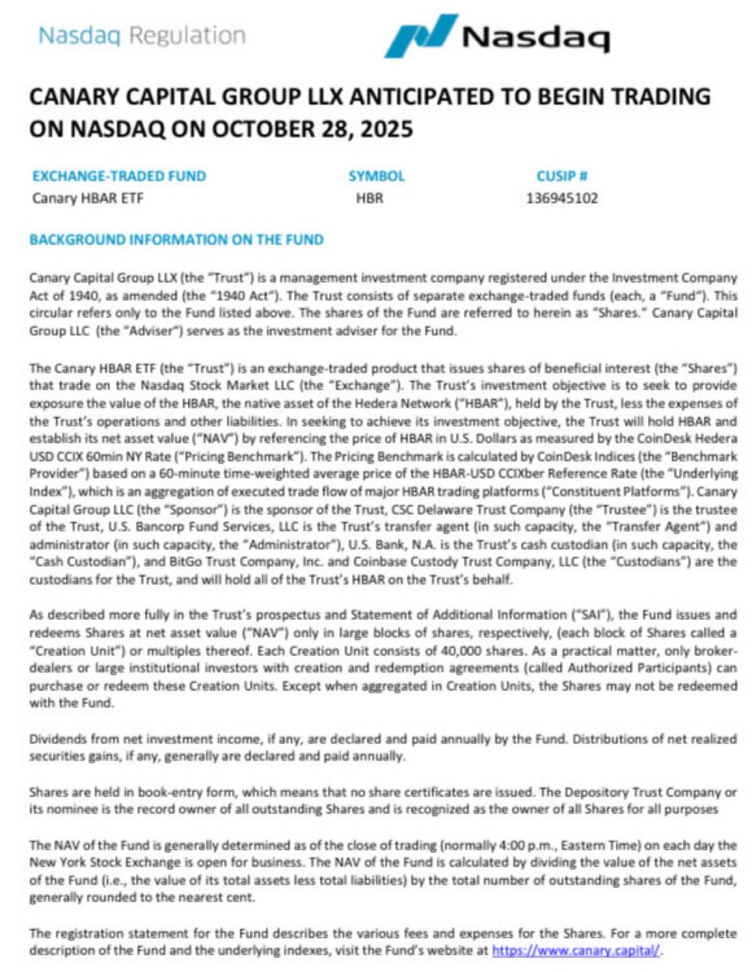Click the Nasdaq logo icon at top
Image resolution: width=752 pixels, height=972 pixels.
[421, 35]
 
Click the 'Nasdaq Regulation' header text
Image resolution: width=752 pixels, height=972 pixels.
[142, 36]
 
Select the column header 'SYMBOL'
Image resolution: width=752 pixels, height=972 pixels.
[376, 176]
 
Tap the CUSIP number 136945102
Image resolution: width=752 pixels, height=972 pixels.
[562, 198]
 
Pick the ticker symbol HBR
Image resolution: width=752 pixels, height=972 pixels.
[370, 198]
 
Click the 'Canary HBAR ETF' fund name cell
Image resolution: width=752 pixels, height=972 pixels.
[88, 198]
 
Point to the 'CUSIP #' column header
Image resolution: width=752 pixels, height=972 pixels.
[562, 176]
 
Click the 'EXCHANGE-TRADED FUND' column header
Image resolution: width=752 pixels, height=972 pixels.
[119, 176]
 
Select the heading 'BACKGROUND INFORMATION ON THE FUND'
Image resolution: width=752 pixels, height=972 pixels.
[176, 240]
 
